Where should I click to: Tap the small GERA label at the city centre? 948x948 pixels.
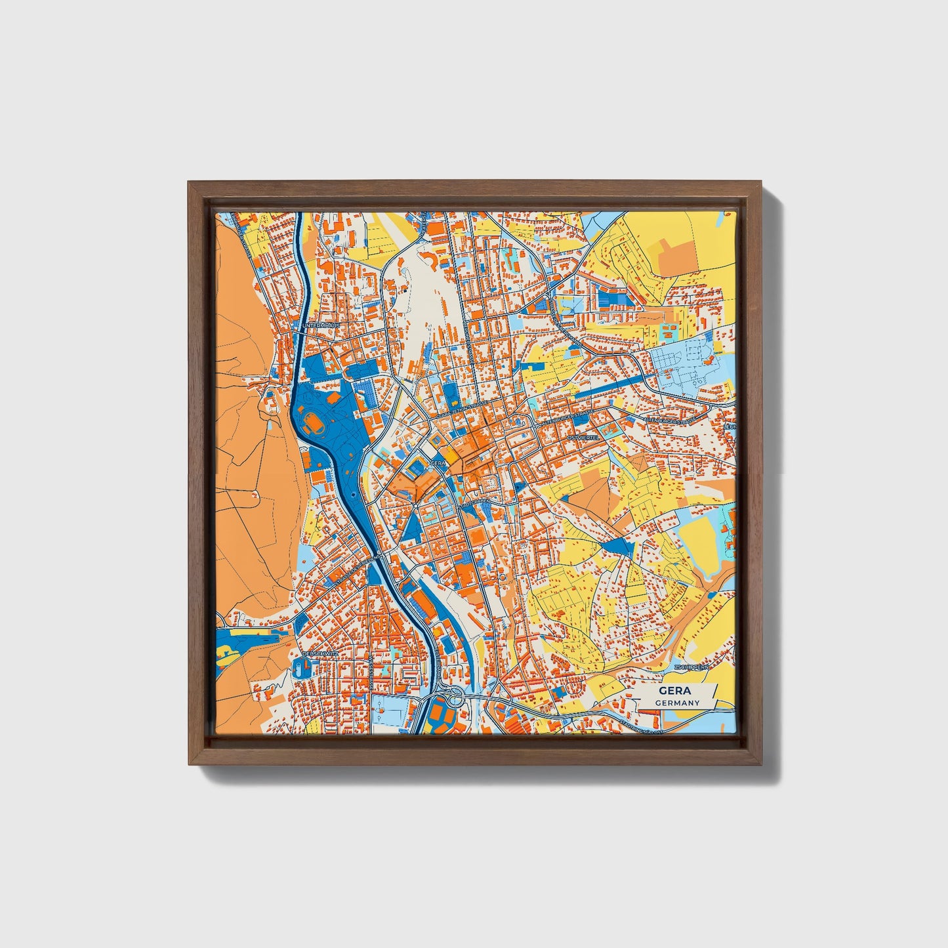[438, 463]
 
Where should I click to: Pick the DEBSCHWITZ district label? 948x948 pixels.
[320, 654]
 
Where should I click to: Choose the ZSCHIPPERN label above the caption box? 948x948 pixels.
[691, 667]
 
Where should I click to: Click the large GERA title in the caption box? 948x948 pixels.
[676, 691]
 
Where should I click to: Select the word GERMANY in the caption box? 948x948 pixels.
[677, 703]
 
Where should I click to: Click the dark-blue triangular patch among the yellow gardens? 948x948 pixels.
[617, 546]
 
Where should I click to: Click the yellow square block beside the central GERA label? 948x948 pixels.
[451, 455]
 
